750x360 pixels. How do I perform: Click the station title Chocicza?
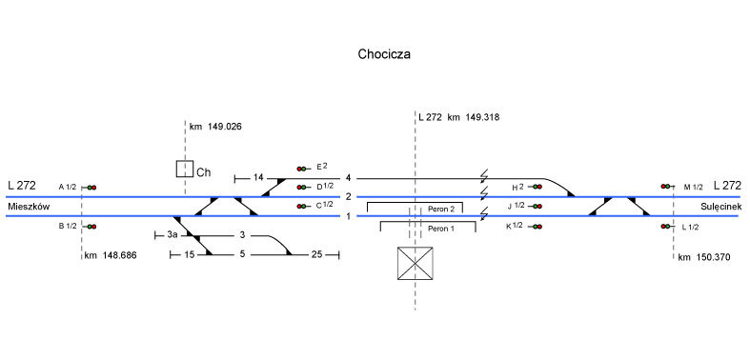click(x=384, y=54)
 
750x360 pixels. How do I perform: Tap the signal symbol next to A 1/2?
click(x=90, y=188)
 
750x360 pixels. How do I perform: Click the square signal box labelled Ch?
click(x=185, y=169)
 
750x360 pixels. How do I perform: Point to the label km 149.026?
click(x=215, y=127)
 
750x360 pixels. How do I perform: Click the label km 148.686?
click(x=111, y=256)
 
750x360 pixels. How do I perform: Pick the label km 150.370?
click(x=704, y=258)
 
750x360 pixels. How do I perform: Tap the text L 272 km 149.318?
click(x=458, y=117)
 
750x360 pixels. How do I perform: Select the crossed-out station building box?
click(x=416, y=264)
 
